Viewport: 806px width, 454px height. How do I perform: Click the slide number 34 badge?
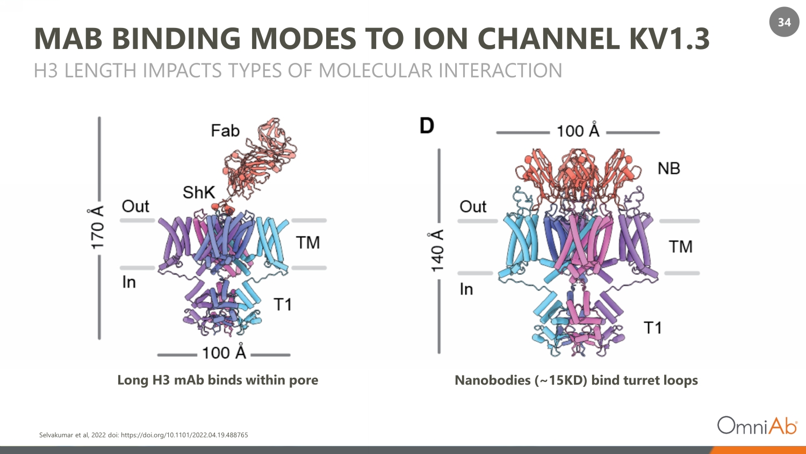point(784,22)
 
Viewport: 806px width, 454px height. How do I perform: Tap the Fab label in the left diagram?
point(225,131)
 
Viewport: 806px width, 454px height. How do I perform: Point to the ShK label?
point(198,193)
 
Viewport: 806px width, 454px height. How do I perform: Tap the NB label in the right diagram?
point(668,169)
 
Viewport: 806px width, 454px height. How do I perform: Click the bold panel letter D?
point(427,126)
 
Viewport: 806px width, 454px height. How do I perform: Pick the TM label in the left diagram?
point(307,243)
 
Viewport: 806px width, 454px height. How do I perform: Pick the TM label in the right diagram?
point(680,247)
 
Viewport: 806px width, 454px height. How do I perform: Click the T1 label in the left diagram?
point(283,305)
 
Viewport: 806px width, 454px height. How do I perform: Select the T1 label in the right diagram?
point(652,328)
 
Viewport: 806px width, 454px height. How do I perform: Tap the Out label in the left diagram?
point(135,206)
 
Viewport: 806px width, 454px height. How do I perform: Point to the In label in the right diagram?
point(466,289)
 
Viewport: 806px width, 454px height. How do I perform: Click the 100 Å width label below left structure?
point(224,353)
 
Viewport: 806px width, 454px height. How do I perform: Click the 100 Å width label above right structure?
point(578,131)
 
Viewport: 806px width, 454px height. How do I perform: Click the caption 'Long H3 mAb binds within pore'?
point(218,380)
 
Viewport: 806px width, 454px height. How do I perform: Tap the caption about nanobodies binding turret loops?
point(576,380)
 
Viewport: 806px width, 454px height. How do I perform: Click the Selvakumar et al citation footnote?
point(143,435)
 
